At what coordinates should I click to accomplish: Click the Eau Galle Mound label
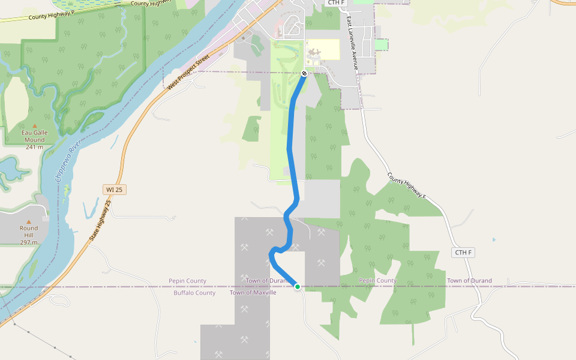[34, 136]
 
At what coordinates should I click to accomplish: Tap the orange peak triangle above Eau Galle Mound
[34, 126]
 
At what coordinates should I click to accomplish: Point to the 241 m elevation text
[34, 147]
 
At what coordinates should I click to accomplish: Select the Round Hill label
[28, 232]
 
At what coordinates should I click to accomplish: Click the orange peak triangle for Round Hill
[28, 221]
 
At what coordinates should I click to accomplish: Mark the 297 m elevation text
[28, 242]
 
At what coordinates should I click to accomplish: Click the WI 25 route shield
[114, 190]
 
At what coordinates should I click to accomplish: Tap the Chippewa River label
[68, 161]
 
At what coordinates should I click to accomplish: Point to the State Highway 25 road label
[101, 220]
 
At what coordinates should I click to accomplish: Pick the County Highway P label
[51, 14]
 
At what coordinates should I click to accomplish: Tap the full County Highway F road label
[407, 186]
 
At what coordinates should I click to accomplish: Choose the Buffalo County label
[194, 293]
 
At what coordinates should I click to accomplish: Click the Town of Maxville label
[253, 293]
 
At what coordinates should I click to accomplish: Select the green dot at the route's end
[297, 287]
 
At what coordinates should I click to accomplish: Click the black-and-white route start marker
[304, 73]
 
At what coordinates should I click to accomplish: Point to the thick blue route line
[291, 150]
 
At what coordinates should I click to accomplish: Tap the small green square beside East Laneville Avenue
[381, 44]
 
